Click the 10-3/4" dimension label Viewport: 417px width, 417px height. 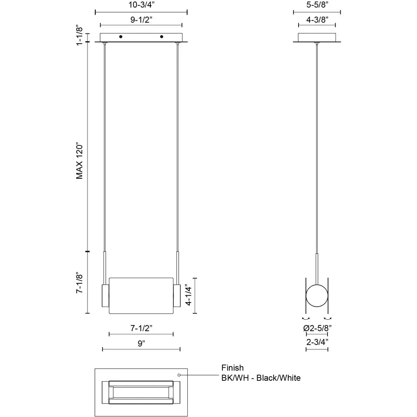[141, 5]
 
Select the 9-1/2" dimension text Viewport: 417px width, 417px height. [141, 20]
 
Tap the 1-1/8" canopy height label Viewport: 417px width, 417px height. [79, 36]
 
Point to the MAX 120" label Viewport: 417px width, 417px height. [79, 162]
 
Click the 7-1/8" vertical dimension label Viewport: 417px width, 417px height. [79, 283]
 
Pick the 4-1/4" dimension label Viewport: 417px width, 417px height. [188, 296]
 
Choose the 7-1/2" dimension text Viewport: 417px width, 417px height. [141, 328]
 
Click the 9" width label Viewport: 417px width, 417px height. [141, 343]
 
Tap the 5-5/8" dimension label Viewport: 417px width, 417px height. [317, 4]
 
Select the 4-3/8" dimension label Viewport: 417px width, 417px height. [317, 20]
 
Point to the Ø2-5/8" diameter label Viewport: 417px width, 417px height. [317, 328]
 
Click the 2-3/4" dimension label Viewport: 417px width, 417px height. [317, 342]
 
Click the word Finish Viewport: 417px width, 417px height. [233, 368]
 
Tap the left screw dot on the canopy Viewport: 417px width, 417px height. [121, 37]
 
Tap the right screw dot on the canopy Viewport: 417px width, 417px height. [161, 37]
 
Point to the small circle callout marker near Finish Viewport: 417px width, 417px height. [179, 375]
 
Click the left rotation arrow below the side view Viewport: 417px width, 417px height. [306, 318]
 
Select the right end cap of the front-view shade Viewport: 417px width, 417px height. [177, 296]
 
